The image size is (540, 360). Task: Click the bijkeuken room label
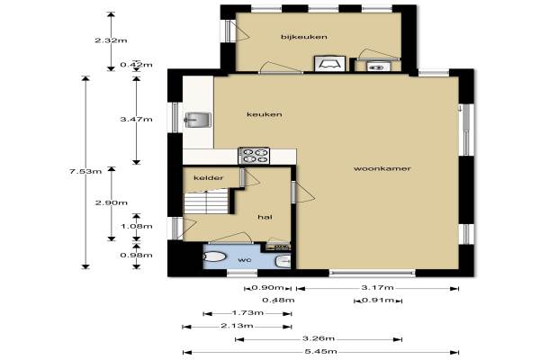304,37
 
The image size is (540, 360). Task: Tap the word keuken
265,114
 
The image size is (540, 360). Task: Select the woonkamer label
382,168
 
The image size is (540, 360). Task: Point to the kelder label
209,178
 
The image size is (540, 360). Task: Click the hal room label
265,217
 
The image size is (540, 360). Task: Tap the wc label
245,259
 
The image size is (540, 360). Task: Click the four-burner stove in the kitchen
254,156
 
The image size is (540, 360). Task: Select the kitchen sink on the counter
198,120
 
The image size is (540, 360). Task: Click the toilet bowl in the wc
214,256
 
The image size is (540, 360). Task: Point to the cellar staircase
206,202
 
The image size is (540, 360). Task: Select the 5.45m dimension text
320,352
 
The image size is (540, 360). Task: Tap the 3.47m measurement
136,119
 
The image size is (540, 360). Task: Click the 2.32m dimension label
111,40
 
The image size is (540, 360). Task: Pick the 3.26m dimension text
319,338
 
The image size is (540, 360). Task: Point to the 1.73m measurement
247,313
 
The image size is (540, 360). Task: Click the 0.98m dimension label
136,256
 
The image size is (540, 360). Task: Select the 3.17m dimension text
377,287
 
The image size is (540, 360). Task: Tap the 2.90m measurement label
112,202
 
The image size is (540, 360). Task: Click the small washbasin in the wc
283,262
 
